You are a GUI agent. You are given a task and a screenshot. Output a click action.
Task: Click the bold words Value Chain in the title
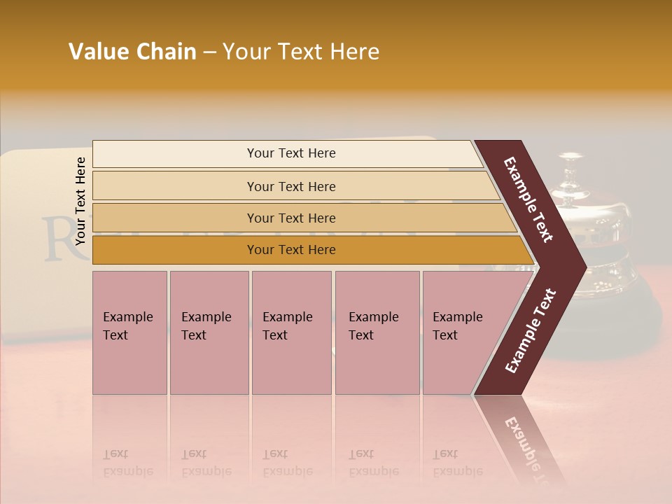coord(132,52)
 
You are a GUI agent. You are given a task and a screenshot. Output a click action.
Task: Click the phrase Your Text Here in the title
coord(301,52)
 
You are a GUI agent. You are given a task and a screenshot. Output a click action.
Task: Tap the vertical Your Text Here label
coord(80,201)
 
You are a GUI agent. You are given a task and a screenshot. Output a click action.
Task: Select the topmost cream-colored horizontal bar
coord(287,153)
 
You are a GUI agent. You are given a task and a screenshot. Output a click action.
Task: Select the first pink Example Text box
coord(129,332)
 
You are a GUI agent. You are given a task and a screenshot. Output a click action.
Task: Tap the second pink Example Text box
coord(209,332)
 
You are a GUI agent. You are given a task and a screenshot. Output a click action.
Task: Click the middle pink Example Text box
coord(291,332)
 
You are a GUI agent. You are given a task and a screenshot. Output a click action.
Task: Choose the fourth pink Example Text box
coord(377,332)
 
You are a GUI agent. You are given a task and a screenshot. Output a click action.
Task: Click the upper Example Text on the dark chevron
coord(528,199)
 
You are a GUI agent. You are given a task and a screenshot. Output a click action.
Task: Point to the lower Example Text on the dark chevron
coord(531,331)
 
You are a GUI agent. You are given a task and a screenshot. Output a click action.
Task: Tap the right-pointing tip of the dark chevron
coord(582,267)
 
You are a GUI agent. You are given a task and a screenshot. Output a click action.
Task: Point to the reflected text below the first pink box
coord(127,463)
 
